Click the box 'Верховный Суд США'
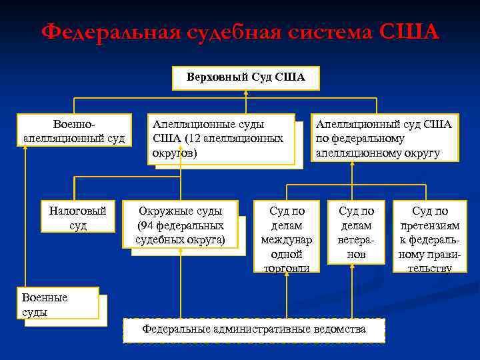[246, 77]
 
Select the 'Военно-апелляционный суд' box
[73, 131]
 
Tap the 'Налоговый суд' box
[78, 217]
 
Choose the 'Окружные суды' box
[180, 225]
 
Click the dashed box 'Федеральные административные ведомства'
[254, 329]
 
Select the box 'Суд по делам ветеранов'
[357, 232]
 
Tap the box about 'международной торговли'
[287, 237]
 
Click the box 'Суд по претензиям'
[430, 237]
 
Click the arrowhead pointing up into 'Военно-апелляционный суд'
[25, 149]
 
